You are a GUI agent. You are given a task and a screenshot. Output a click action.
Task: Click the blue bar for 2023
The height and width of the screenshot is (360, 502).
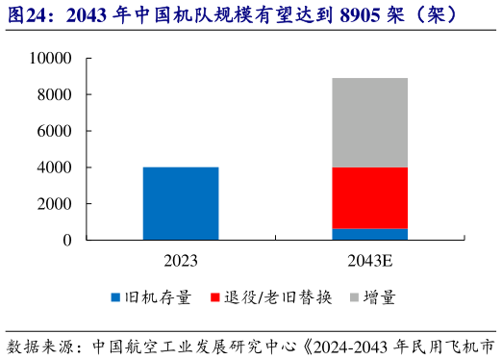coord(180,203)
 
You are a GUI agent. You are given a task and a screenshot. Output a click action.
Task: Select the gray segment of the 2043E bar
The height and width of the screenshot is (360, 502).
coord(370,122)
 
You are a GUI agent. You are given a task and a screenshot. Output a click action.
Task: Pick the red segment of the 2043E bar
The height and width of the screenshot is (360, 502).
coord(370,197)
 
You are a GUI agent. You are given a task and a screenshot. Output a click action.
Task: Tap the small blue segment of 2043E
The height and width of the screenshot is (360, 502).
coord(370,234)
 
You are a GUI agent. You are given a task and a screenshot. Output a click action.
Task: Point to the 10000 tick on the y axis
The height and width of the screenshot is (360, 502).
coord(51,59)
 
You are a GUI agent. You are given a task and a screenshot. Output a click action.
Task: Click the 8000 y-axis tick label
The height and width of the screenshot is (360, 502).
coord(55,94)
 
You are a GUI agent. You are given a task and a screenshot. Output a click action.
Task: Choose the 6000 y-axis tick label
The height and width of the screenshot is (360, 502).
coord(55,131)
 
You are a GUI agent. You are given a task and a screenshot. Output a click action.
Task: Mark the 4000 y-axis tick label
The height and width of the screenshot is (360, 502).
coord(55,167)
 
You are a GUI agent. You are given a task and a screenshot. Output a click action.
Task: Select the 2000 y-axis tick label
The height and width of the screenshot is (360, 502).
coord(55,204)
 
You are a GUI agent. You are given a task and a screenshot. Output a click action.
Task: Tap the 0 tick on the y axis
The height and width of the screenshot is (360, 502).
coord(67,240)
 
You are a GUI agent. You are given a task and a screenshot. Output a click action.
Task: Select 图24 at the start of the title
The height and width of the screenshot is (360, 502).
coord(27,15)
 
